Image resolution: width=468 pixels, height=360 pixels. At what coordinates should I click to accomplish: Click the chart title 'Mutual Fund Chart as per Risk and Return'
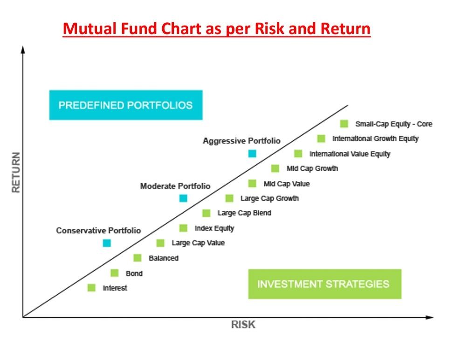click(217, 29)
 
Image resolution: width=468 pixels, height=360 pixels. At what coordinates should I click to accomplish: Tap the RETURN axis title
click(16, 173)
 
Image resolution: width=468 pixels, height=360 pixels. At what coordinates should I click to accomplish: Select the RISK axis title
click(243, 325)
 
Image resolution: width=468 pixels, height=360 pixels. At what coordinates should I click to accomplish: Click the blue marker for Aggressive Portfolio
click(252, 154)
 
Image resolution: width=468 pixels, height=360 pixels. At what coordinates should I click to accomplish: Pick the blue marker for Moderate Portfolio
click(183, 198)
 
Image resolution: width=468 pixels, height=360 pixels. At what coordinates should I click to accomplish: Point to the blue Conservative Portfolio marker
click(107, 243)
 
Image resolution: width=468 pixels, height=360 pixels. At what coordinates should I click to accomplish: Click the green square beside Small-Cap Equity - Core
click(344, 124)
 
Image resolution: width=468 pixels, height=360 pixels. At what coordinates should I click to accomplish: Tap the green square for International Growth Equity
click(321, 138)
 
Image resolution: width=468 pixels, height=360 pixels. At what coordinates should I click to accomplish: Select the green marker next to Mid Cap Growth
click(275, 168)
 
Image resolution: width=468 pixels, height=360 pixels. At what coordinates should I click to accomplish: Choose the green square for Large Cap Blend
click(206, 213)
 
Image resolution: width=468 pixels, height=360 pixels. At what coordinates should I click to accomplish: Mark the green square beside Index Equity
click(183, 228)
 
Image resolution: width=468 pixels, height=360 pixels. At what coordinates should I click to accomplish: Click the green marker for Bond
click(115, 273)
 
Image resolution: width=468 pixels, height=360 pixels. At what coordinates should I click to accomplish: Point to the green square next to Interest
click(92, 288)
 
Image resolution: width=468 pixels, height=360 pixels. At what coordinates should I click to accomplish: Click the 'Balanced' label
click(164, 258)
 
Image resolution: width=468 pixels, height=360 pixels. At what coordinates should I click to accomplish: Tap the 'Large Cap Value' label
click(198, 243)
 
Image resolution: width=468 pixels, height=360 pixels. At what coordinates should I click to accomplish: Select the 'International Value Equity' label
click(350, 154)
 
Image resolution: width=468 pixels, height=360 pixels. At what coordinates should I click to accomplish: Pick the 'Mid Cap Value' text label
click(287, 184)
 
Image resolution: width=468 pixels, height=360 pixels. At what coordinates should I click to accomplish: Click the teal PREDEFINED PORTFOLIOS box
click(126, 105)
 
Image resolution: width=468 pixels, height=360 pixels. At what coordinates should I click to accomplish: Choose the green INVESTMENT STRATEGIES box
click(325, 284)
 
